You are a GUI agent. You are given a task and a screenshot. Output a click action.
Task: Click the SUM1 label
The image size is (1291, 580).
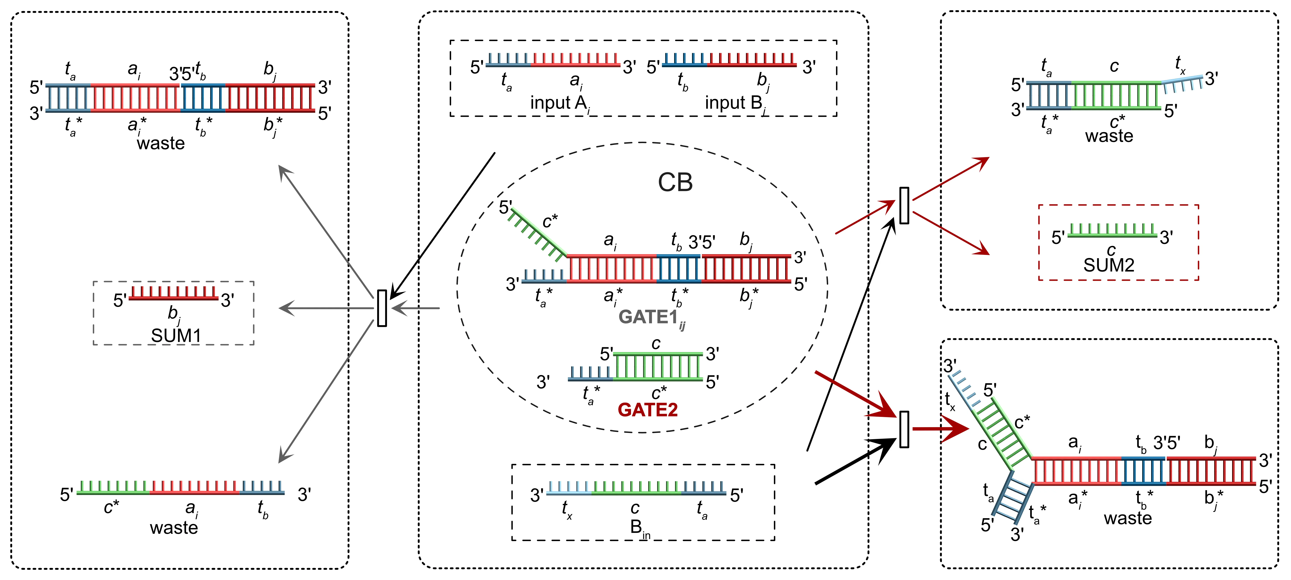[176, 335]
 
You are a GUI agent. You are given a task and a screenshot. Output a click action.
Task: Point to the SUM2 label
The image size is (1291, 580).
[1109, 265]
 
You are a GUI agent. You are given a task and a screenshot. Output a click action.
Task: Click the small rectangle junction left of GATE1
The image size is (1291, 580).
[382, 308]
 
